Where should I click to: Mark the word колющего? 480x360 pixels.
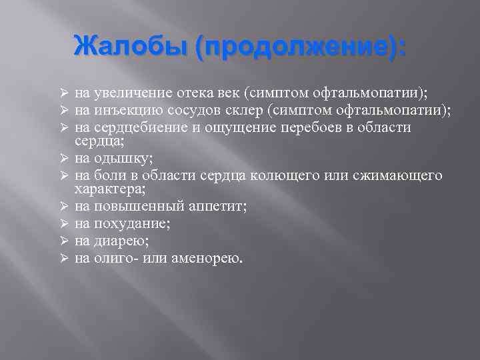point(285,175)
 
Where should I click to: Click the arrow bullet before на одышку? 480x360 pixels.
point(65,158)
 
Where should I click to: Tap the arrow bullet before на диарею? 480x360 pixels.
point(65,241)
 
